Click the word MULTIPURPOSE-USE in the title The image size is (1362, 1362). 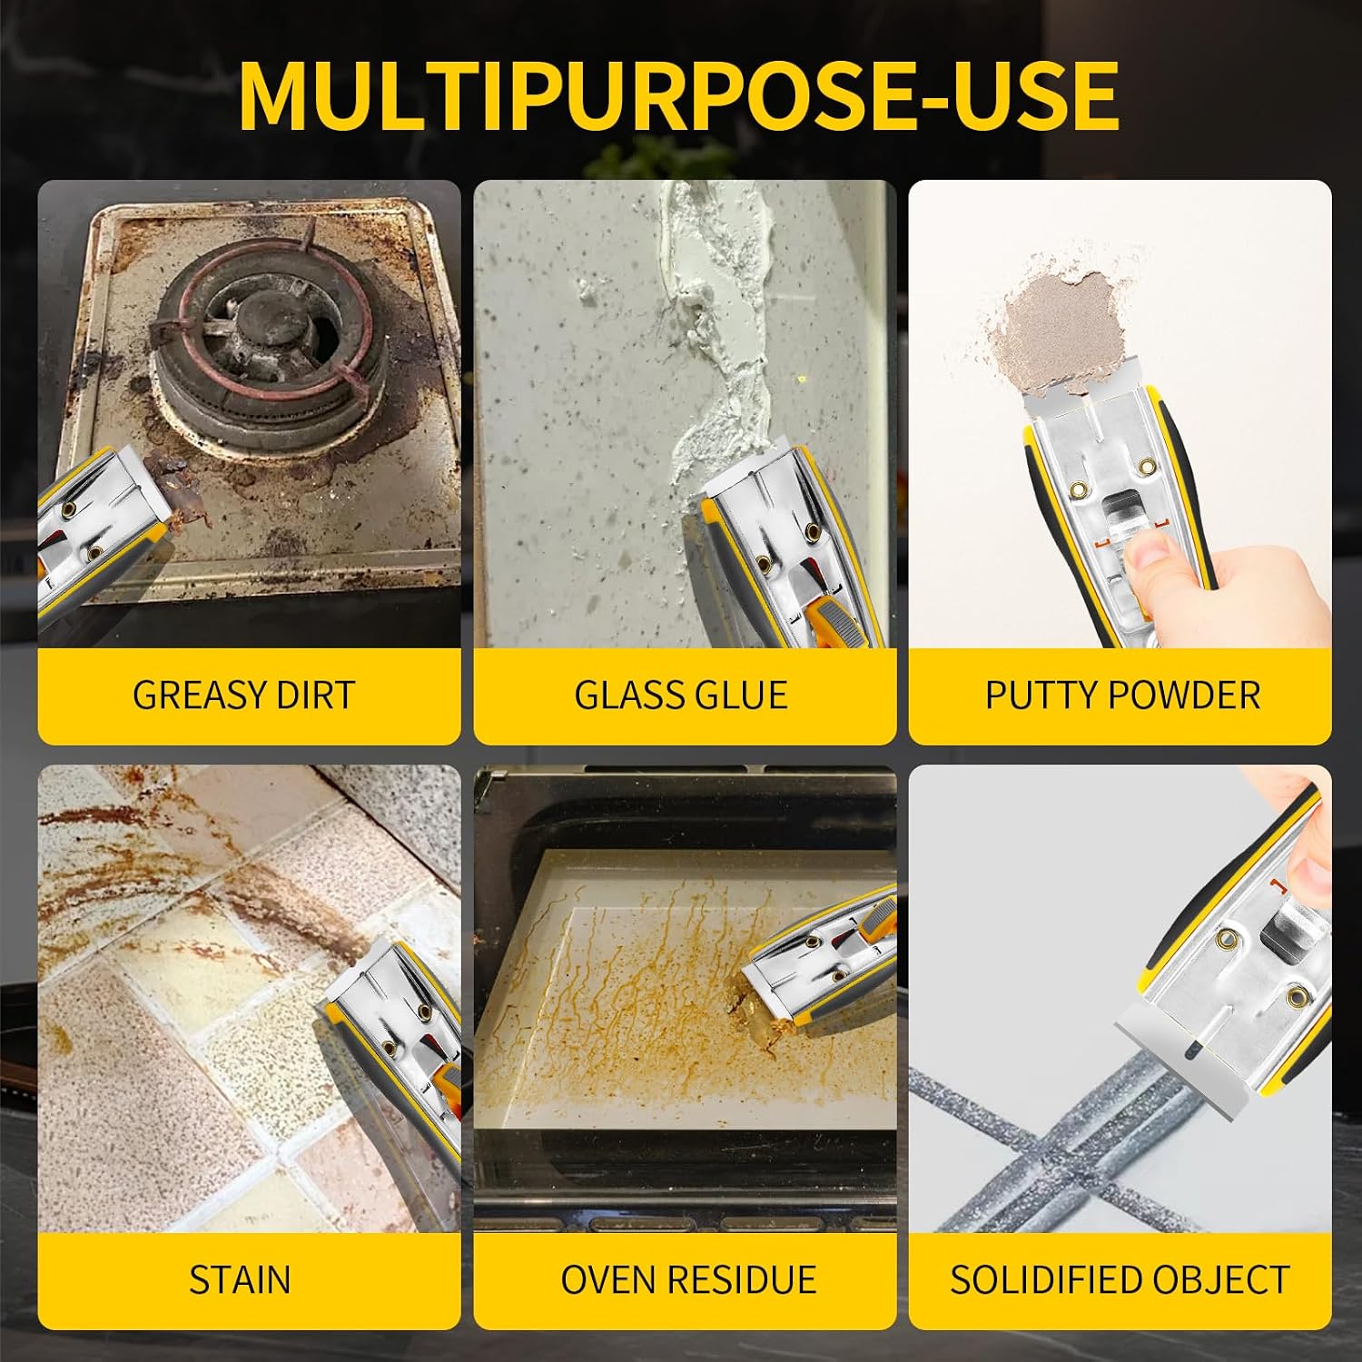click(678, 95)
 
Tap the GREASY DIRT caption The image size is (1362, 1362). click(243, 696)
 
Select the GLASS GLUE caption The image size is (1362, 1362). click(681, 696)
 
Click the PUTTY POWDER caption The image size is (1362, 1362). click(1122, 696)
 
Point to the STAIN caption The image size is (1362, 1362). click(240, 1280)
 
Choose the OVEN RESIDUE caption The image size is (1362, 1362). click(688, 1280)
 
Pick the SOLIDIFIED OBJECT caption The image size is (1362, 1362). click(1120, 1280)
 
